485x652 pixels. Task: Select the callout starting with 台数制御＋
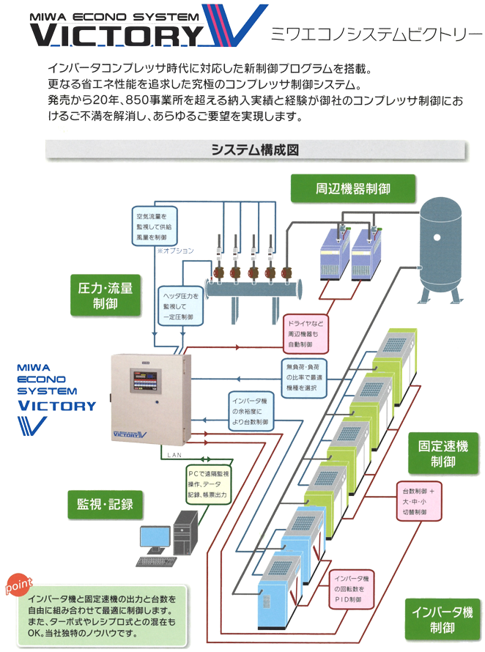[420, 501]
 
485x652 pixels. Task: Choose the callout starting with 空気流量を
[155, 227]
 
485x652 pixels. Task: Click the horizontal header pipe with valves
[256, 288]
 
